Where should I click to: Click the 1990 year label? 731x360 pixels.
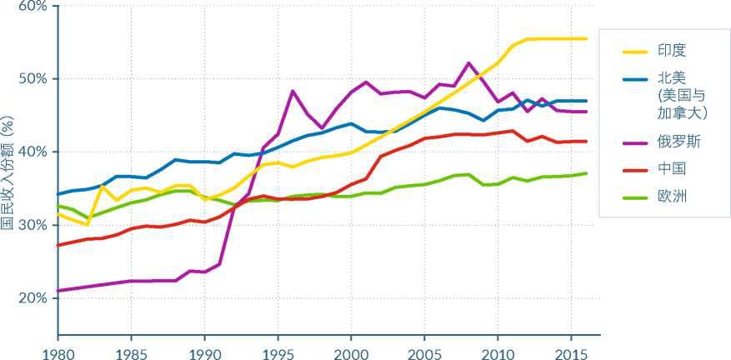click(x=204, y=352)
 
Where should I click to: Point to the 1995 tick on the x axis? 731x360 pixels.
click(x=278, y=352)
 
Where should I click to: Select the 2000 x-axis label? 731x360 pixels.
click(x=350, y=352)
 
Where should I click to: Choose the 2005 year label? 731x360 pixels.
click(x=423, y=352)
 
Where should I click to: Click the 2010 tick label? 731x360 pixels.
click(x=497, y=352)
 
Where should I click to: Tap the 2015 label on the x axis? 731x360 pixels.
click(x=570, y=352)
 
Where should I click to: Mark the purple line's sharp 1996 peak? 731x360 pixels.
click(x=293, y=91)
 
